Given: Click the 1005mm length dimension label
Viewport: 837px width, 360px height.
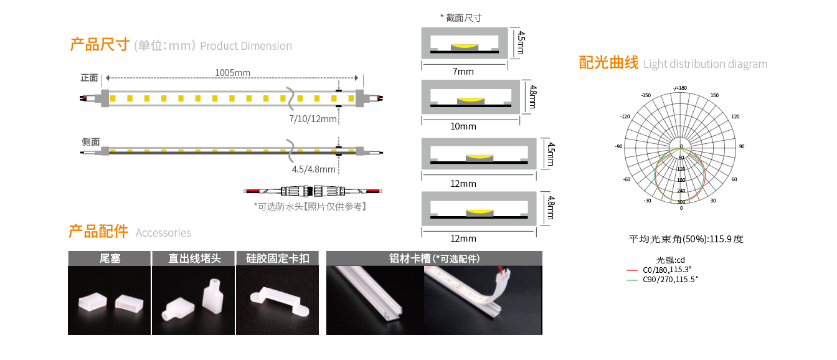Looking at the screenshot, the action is click(x=232, y=72).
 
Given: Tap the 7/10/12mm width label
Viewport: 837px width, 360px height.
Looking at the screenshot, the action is click(x=313, y=119).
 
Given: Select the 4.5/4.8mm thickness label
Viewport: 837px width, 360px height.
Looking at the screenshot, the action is click(x=313, y=169).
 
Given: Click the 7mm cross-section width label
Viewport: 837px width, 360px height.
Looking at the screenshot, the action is click(x=463, y=72).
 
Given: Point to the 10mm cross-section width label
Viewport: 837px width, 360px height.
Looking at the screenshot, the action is click(x=463, y=126).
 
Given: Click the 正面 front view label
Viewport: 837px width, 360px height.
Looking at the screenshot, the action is click(x=89, y=78).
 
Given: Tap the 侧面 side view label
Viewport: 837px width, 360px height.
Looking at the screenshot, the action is click(x=91, y=141).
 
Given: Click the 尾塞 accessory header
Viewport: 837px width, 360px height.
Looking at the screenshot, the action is click(x=110, y=258).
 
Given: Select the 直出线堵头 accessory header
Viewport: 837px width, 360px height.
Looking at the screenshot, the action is click(x=194, y=258).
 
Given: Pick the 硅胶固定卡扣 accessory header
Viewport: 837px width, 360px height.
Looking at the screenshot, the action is click(x=278, y=258).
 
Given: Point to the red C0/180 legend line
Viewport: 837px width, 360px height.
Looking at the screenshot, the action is click(x=632, y=270).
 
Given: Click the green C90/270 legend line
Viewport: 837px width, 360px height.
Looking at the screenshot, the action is click(x=632, y=280).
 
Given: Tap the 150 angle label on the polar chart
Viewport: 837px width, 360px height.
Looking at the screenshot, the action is click(x=714, y=95).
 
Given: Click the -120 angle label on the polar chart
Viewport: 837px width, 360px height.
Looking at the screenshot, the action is click(x=625, y=116).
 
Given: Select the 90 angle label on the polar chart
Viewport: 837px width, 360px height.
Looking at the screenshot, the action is click(x=742, y=146).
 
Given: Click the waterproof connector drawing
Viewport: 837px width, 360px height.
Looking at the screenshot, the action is click(x=313, y=191).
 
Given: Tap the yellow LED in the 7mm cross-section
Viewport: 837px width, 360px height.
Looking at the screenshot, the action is click(x=465, y=47).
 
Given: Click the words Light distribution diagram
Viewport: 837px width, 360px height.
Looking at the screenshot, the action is click(x=705, y=64).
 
